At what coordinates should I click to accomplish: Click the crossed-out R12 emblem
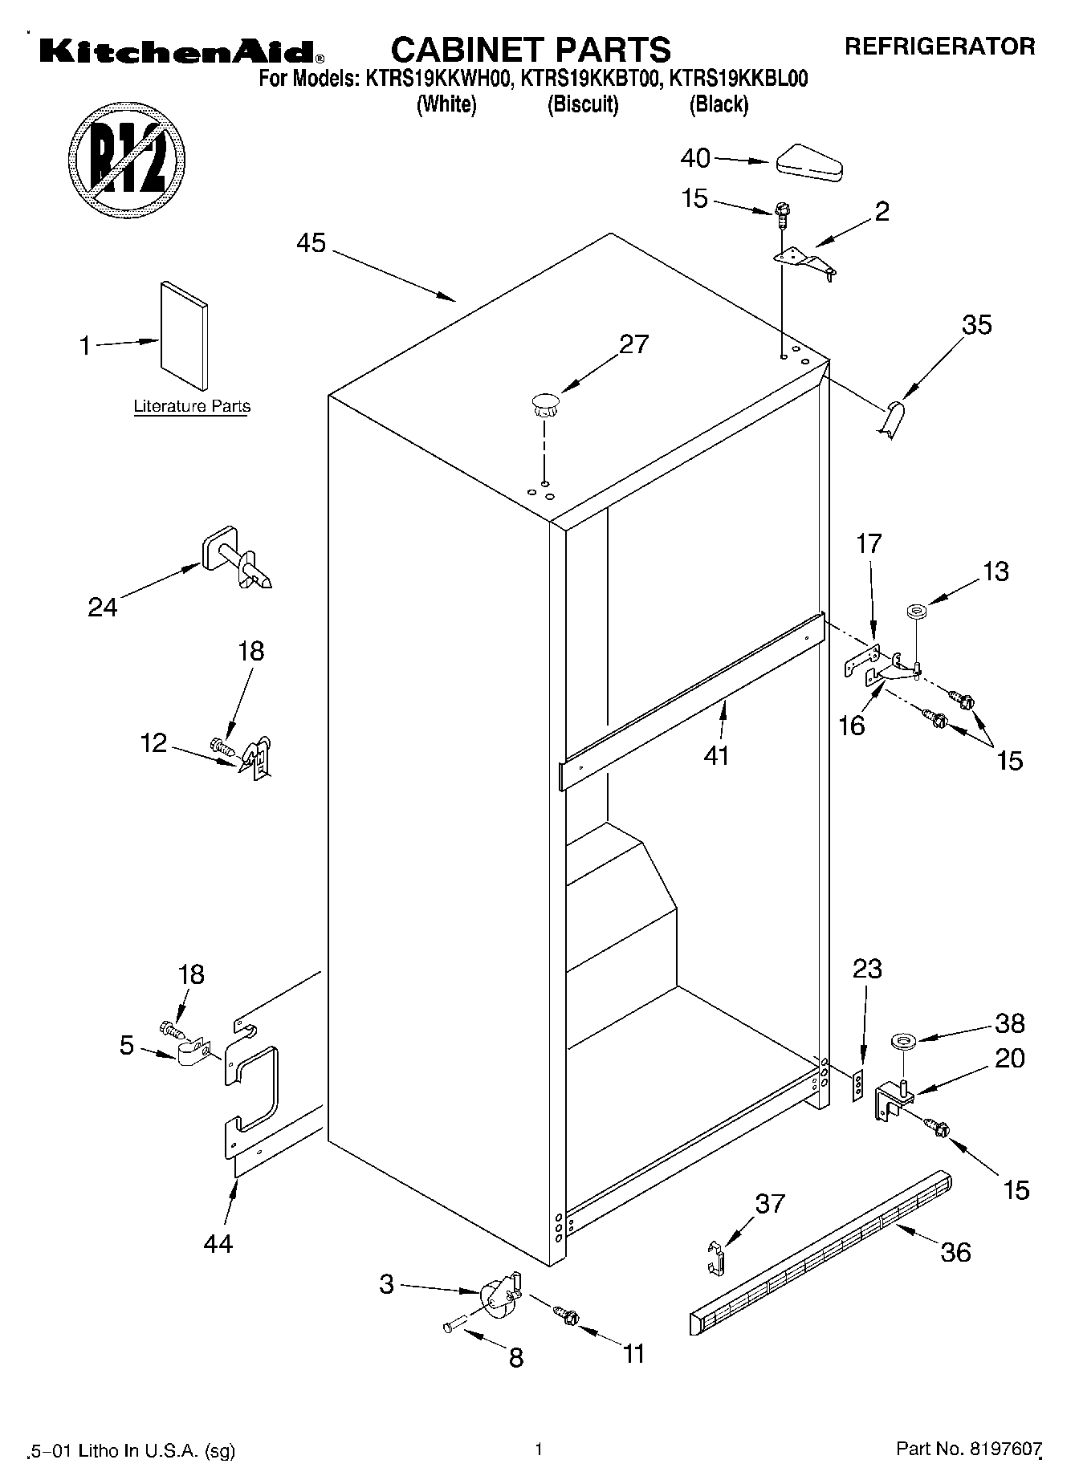click(127, 158)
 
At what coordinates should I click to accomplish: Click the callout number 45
click(311, 242)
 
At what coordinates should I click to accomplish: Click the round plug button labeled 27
click(544, 404)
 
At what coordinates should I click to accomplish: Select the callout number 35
click(977, 325)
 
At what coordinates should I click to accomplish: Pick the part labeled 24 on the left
click(235, 559)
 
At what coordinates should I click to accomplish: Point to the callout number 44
click(218, 1243)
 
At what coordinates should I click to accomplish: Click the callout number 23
click(867, 969)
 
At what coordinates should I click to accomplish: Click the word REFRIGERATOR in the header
click(939, 46)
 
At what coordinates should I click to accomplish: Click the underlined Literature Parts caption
click(192, 406)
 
